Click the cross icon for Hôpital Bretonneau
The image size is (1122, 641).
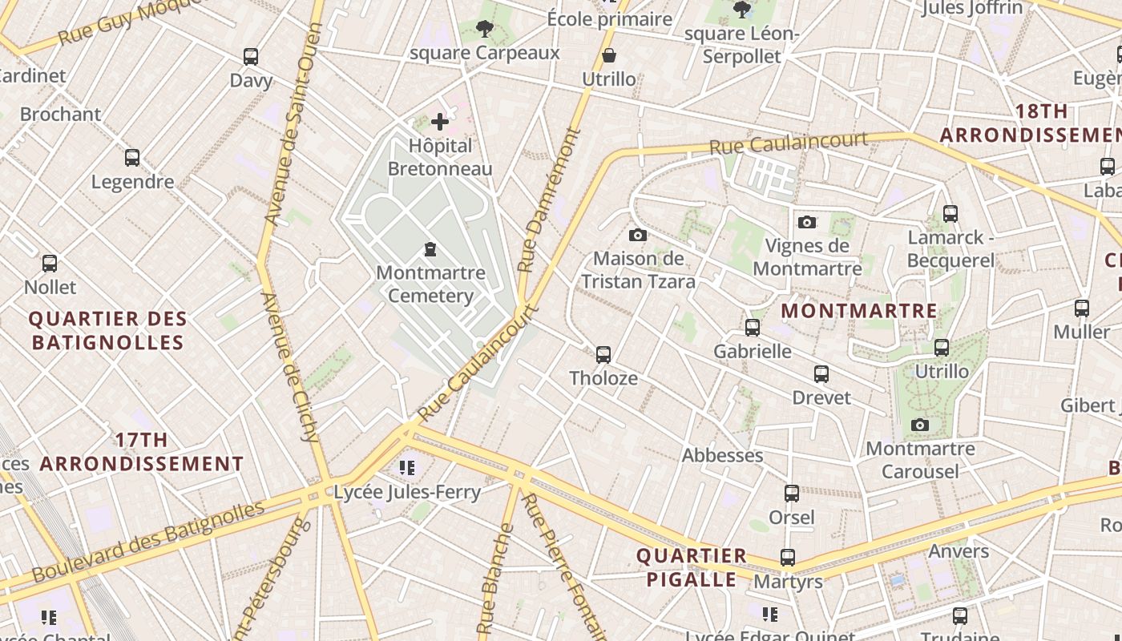(x=440, y=122)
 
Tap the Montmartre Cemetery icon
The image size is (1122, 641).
(x=430, y=249)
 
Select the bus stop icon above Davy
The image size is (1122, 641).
(x=251, y=57)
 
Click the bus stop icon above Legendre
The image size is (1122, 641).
(x=132, y=158)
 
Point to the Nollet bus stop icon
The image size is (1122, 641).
(x=50, y=264)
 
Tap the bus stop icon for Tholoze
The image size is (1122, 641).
(x=603, y=354)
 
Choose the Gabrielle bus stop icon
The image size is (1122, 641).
(x=753, y=328)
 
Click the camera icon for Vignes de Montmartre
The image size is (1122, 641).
(x=807, y=222)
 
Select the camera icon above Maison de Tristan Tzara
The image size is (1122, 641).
(x=638, y=235)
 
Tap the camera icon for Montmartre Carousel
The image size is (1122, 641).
(x=920, y=425)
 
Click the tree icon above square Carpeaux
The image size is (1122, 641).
(x=484, y=30)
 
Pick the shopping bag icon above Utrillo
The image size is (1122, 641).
(x=609, y=55)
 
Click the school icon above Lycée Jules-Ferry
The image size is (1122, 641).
(x=407, y=467)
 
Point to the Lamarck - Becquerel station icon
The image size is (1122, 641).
(x=950, y=214)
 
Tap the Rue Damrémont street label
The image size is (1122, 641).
(x=549, y=200)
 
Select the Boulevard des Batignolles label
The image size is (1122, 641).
(x=148, y=541)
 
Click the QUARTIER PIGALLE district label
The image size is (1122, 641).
(x=691, y=567)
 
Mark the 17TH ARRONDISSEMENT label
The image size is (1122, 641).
(x=142, y=452)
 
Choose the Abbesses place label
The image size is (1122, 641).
(x=722, y=455)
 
